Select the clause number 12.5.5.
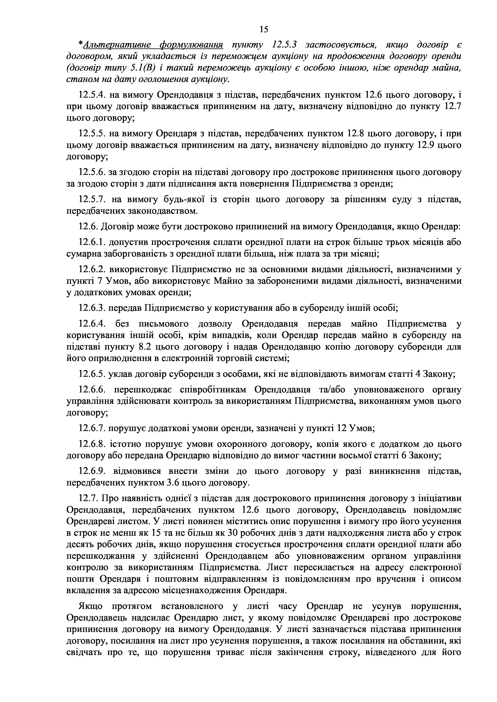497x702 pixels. (x=92, y=134)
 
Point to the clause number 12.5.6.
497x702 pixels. (x=92, y=172)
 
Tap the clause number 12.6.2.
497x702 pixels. (x=92, y=269)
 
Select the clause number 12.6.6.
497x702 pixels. (x=92, y=390)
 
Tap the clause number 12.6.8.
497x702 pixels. (x=92, y=444)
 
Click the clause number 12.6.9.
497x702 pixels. (x=92, y=471)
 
